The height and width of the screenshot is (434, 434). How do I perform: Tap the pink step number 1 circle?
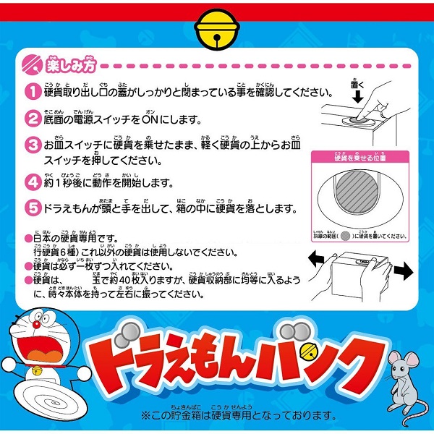[33, 92]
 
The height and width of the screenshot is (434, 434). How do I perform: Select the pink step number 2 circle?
[33, 117]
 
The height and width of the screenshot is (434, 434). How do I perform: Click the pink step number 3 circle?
[33, 144]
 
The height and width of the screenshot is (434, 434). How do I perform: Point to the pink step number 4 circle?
[33, 181]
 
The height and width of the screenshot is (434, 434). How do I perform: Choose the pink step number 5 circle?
[33, 208]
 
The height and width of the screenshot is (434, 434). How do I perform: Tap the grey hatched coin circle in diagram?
[357, 194]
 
